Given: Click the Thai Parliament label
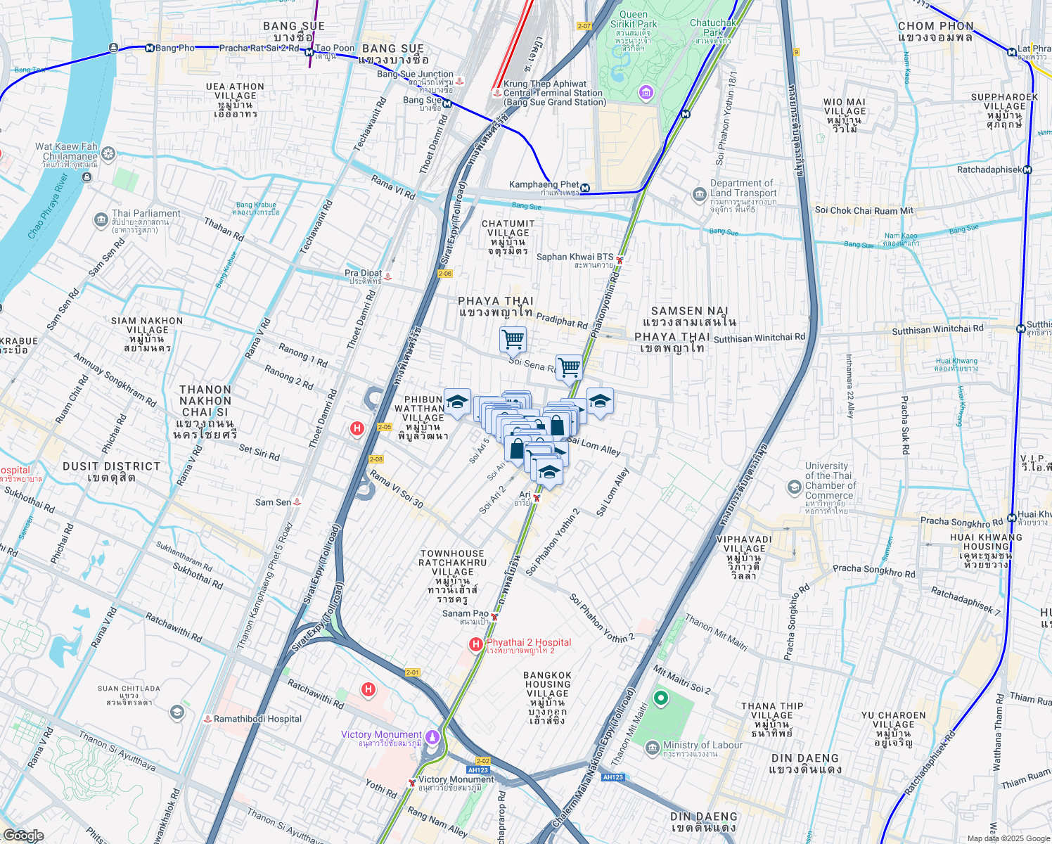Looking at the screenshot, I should coord(146,214).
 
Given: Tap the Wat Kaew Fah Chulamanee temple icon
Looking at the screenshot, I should coord(108,153).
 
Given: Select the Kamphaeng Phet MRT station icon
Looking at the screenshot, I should coord(586,188).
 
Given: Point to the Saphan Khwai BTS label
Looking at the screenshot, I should coord(575,257).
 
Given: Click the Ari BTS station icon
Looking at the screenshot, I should coord(537,498).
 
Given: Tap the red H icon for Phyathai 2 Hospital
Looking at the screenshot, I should coord(476,644).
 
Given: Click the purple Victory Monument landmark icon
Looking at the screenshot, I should coord(432,736).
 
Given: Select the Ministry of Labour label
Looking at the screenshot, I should coord(703,746).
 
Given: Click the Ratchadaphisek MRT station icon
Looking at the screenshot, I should coord(1027,170).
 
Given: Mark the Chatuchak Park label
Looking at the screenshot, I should coord(713,27).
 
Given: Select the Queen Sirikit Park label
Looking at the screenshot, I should coord(634,19).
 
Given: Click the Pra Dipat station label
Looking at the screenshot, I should coord(363,274).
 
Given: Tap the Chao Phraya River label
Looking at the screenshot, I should coord(48,207).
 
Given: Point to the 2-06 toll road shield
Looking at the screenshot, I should coord(444,274).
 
